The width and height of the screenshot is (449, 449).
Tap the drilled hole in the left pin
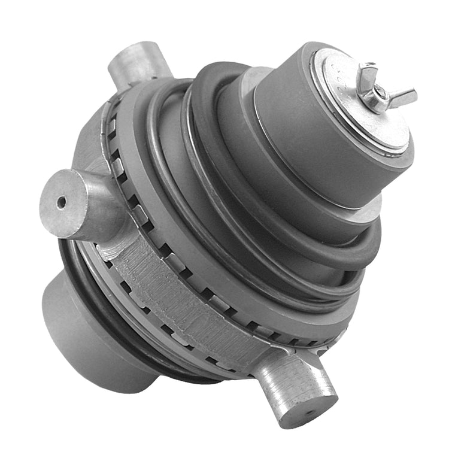click(x=61, y=203)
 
